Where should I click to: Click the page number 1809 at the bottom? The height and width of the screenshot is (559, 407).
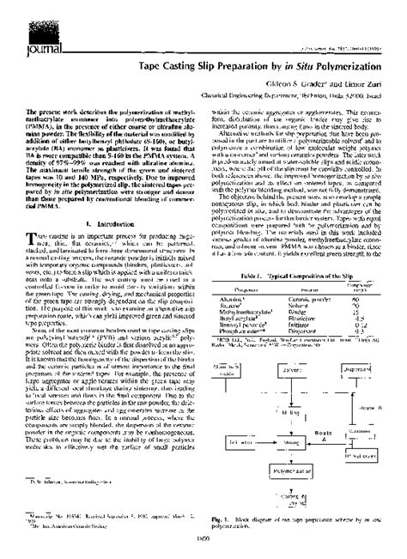pos(203,550)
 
